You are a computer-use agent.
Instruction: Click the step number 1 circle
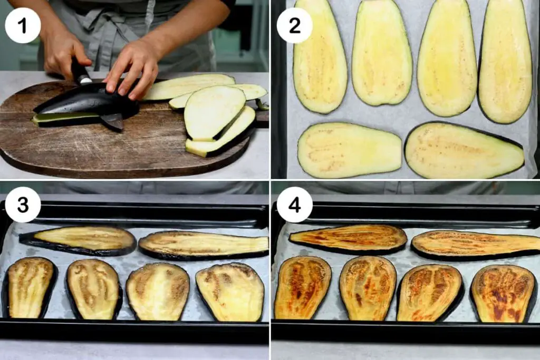pos(23,25)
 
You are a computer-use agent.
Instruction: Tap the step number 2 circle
pos(294,25)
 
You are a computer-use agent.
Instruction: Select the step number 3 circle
pos(23,205)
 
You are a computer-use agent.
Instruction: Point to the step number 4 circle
pos(294,205)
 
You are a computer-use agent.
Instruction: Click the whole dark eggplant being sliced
pos(86,102)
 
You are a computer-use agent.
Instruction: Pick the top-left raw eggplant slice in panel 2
pos(320,57)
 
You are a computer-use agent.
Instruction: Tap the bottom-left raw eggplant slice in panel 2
pos(349,150)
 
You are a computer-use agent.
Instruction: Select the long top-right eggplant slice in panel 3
pos(203,246)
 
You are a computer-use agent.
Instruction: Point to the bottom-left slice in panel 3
pos(30,288)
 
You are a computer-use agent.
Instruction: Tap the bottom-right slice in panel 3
pos(230,292)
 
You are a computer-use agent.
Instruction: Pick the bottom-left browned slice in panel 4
pos(302,288)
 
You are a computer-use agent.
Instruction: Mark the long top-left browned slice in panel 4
pos(348,239)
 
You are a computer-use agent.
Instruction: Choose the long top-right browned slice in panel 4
pos(476,246)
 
